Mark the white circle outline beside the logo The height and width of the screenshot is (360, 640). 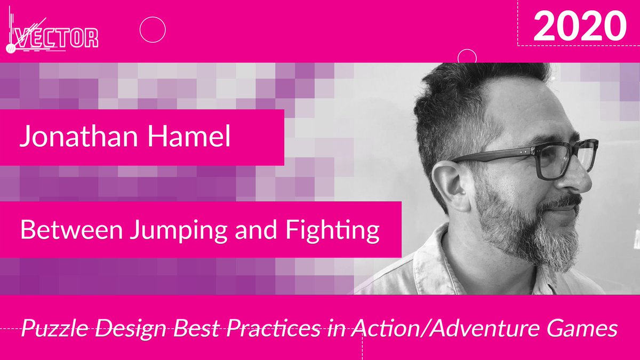[153, 29]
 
